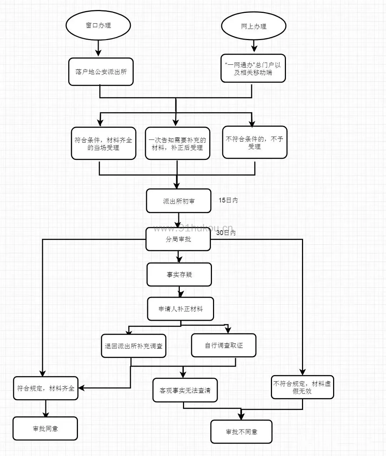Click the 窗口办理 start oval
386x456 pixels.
(98, 25)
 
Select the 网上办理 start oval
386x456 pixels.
(254, 26)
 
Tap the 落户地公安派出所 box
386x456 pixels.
(101, 72)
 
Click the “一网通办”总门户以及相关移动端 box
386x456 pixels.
(253, 68)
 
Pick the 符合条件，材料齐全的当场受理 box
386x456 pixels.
(104, 143)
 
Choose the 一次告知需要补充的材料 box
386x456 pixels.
(177, 143)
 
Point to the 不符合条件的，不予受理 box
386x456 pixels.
(254, 142)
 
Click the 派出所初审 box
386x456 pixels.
(179, 201)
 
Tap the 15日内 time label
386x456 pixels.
(228, 200)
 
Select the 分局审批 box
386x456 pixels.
(178, 239)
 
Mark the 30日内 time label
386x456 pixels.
(226, 232)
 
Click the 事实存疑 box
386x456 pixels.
(179, 275)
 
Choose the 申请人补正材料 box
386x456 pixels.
(180, 309)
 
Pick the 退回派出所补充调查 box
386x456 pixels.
(134, 346)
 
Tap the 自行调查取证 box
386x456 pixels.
(224, 345)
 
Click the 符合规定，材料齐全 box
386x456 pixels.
(46, 388)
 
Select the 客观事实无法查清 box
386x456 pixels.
(185, 390)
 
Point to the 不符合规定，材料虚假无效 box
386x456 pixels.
(302, 387)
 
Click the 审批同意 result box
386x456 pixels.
(45, 428)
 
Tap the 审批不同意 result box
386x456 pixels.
(241, 432)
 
